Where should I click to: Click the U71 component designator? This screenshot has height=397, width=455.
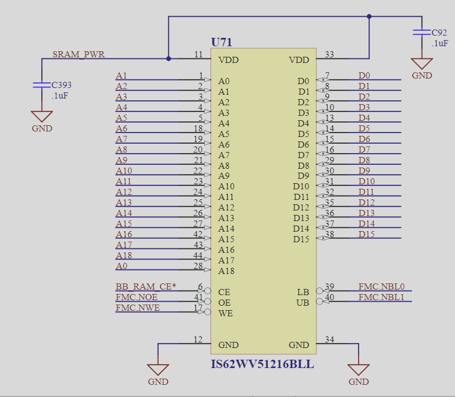pos(221,42)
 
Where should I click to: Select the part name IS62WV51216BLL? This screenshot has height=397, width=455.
pos(262,365)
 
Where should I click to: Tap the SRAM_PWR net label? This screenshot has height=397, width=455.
pos(79,55)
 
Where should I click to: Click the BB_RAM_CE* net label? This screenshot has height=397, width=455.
pos(145,287)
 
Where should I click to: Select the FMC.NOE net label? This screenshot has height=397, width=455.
pos(138,297)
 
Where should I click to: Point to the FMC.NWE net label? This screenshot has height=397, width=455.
pos(138,308)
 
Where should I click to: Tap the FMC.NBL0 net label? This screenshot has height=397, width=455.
pos(381,287)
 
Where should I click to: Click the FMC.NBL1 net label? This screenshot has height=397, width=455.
pos(381,297)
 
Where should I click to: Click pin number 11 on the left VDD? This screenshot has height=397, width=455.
pos(198,55)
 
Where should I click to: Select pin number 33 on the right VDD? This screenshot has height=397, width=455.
pos(329,55)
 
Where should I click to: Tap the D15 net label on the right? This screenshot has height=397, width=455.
pos(366,234)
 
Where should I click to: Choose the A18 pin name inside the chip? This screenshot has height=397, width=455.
pos(227,271)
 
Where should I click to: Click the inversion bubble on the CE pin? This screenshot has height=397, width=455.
pos(208,291)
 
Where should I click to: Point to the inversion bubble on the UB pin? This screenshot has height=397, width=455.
pos(320,302)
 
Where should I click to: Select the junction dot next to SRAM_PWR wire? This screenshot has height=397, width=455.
pos(168,58)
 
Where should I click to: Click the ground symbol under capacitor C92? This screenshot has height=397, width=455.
pos(422,63)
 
